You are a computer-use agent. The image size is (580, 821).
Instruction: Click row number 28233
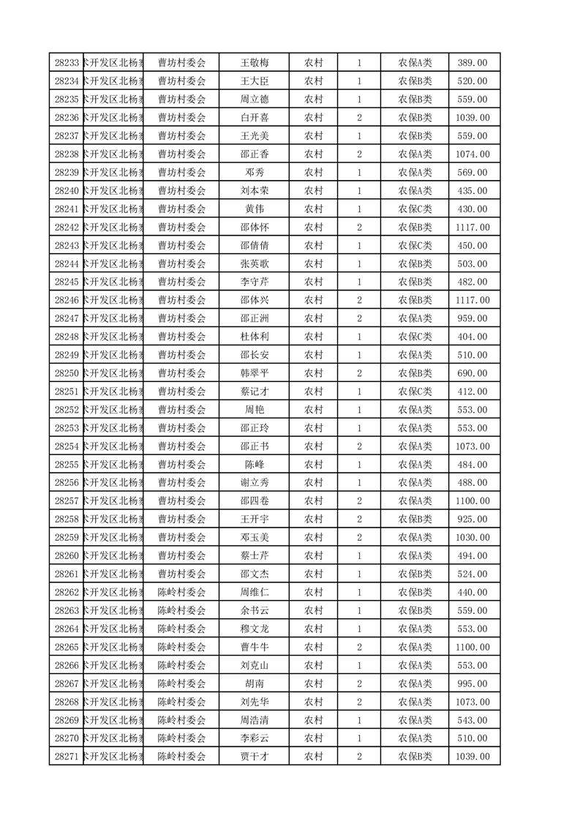[x=67, y=63]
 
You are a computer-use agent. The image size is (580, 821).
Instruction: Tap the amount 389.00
[x=472, y=63]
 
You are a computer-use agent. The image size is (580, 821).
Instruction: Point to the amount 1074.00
[x=472, y=154]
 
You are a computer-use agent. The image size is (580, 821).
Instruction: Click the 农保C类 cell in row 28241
[x=415, y=209]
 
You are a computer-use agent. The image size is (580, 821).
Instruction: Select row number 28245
[x=67, y=282]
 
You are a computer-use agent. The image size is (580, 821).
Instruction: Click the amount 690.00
[x=472, y=373]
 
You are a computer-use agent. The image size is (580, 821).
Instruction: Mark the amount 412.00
[x=472, y=391]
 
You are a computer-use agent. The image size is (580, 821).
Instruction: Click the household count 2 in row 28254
[x=359, y=446]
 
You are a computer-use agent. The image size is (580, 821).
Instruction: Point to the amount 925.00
[x=472, y=519]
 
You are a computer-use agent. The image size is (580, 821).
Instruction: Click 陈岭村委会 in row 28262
[x=182, y=592]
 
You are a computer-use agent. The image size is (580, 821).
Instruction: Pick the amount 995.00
[x=472, y=683]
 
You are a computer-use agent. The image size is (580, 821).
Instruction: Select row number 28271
[x=67, y=757]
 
